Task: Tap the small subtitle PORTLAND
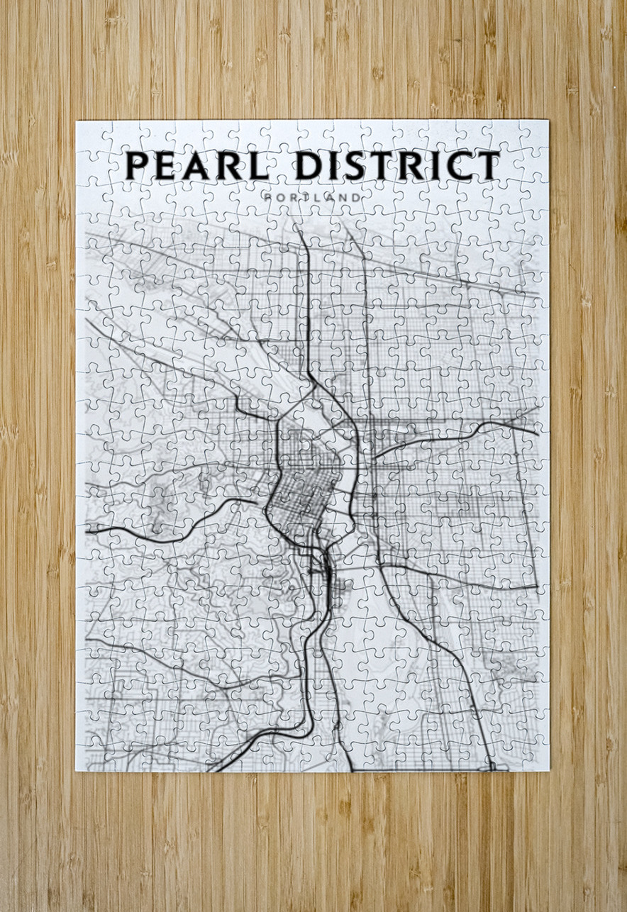[311, 196]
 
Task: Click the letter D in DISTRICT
[307, 165]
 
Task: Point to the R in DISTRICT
[414, 165]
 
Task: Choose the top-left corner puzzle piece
[90, 134]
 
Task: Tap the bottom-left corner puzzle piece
[90, 757]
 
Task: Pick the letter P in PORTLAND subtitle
[265, 196]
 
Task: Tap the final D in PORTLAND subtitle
[357, 196]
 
